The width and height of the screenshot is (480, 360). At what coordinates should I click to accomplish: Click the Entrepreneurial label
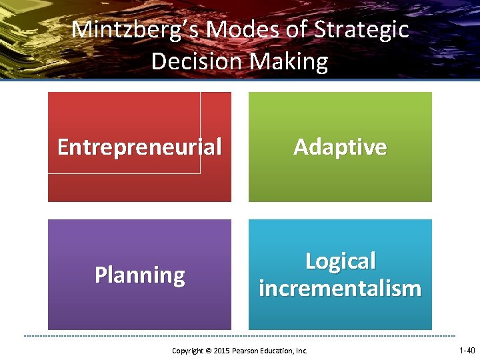point(139,147)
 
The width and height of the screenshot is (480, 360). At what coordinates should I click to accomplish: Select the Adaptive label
point(340,147)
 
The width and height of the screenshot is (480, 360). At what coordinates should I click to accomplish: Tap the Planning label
point(139,275)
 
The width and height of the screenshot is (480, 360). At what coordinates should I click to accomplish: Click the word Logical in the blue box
point(340,261)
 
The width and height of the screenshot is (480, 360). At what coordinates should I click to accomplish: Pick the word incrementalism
point(340,289)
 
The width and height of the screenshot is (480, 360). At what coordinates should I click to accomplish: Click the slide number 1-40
point(467,350)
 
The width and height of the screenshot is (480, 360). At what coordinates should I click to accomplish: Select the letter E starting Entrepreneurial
point(63,147)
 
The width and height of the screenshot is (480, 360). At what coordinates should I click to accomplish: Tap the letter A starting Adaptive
point(301,147)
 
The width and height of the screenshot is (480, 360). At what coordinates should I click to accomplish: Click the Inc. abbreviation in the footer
point(301,351)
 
